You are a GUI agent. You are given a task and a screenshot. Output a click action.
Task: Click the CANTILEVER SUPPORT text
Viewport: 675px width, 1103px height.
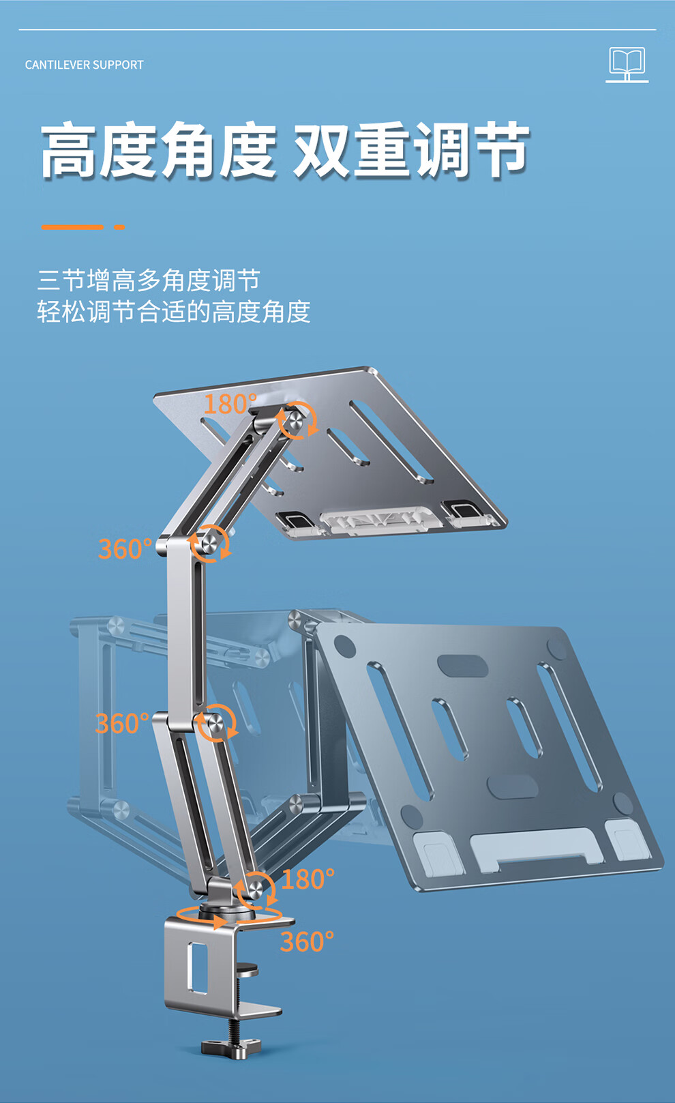[84, 65]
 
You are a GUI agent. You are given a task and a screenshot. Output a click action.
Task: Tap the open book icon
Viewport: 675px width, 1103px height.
[627, 65]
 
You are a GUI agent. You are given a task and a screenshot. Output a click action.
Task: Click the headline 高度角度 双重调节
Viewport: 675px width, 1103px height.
[285, 150]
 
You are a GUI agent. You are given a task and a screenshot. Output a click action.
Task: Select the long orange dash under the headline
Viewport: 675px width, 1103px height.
[72, 227]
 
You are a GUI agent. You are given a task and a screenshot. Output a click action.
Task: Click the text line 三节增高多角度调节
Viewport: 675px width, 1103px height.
[149, 280]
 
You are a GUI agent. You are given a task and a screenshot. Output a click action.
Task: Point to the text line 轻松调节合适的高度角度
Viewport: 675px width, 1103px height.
[174, 312]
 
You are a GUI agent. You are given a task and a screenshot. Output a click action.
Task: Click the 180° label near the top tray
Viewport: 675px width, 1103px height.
[230, 404]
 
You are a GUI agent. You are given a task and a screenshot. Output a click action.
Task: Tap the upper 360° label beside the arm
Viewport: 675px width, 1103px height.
[125, 548]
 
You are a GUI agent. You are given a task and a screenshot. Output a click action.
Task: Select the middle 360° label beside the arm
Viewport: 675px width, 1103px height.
[122, 724]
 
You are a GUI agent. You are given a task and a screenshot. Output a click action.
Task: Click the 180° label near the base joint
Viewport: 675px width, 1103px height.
[307, 879]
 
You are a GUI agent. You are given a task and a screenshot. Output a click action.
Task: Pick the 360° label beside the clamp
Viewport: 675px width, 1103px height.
[307, 941]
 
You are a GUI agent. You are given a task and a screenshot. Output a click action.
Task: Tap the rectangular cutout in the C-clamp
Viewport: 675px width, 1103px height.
[197, 968]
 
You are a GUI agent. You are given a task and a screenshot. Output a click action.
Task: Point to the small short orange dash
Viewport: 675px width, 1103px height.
[119, 227]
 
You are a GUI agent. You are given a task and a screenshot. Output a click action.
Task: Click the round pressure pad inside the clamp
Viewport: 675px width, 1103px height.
[247, 969]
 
